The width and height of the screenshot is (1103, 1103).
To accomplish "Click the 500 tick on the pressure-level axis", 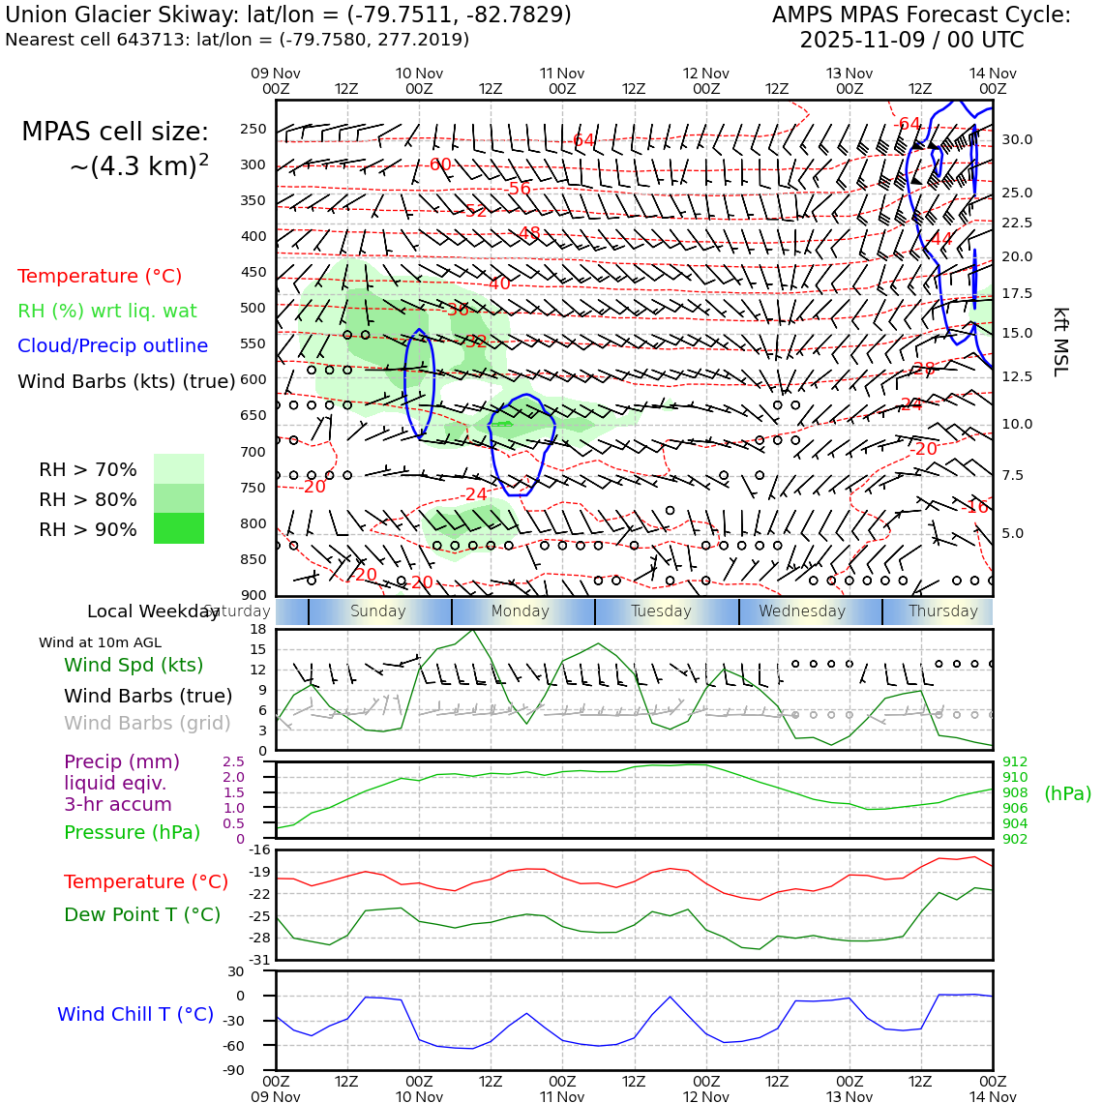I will point(253,308).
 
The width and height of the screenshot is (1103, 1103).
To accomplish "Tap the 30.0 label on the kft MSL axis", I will point(1016,139).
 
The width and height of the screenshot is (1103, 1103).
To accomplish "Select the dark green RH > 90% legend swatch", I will point(179,528).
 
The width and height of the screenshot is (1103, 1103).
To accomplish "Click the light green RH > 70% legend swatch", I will point(179,468).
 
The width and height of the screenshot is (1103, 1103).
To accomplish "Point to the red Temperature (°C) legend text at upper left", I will point(100,276).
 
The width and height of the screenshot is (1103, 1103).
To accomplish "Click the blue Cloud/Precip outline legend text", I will point(112,345).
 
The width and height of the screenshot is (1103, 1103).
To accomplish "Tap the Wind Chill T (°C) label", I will point(135,1014).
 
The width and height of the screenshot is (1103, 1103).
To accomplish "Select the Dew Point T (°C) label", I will point(142,914).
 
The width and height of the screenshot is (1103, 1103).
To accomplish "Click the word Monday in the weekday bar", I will point(520,611).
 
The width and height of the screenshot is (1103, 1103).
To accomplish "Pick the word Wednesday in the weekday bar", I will point(802,611).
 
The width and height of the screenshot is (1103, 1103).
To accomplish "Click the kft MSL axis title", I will point(1060,342).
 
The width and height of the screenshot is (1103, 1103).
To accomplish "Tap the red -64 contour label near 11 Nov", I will point(582,140).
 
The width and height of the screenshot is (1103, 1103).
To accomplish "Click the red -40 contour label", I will point(498,283).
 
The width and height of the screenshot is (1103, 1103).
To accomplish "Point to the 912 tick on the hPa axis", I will point(1015,761).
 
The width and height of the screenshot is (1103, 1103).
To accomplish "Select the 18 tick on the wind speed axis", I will point(257,629).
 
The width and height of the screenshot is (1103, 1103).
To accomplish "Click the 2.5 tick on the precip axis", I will point(233,761).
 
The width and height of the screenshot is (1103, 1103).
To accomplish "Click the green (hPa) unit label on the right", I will point(1067,793).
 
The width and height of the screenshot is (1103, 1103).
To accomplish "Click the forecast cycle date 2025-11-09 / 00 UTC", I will point(911,41).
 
